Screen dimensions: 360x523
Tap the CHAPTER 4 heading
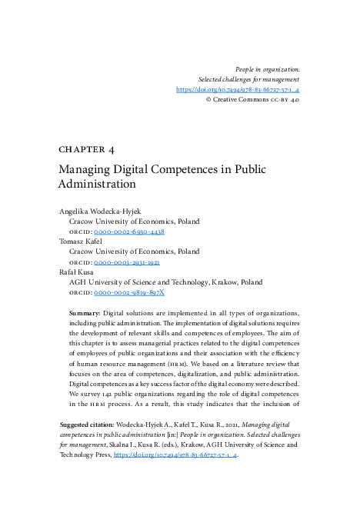click(x=86, y=149)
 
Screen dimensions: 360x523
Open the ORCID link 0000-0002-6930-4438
click(x=129, y=232)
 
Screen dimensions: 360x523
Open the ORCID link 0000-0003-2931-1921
click(x=127, y=262)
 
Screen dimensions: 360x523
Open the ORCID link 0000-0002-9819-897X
click(x=129, y=293)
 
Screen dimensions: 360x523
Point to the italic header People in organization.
click(x=267, y=69)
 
